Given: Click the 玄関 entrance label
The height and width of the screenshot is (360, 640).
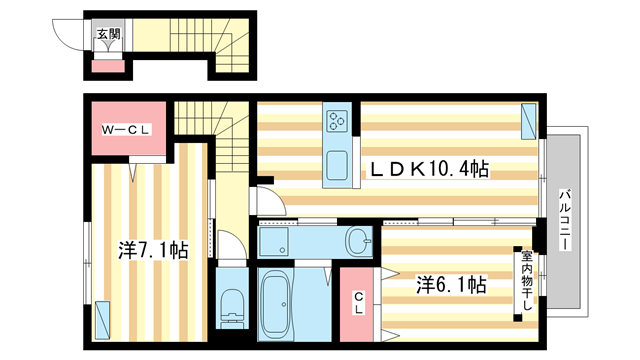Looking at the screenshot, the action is tap(109, 33).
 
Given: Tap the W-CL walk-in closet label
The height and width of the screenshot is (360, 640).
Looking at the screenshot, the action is tap(127, 130).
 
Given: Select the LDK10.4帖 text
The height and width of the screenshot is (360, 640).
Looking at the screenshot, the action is tap(429, 169).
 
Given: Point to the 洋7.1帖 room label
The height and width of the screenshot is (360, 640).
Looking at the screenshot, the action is tap(153, 250).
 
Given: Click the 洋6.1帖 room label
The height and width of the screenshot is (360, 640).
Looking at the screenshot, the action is tap(451, 284).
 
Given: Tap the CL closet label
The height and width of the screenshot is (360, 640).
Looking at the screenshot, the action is tap(358, 302).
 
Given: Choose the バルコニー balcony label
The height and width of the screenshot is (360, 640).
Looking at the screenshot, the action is tap(565, 220).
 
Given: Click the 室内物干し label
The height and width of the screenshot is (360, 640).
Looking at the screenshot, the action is tap(527, 280).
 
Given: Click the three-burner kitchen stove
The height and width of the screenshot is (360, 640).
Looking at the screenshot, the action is tap(338, 121).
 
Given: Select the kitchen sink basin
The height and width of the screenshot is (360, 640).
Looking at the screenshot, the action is tap(338, 165).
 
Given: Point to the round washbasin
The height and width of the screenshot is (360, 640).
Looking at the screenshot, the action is tap(358, 242).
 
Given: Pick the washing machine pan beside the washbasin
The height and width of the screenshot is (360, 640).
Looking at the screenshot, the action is tap(274, 241).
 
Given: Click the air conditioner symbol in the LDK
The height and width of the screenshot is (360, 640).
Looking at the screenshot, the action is tap(529, 121).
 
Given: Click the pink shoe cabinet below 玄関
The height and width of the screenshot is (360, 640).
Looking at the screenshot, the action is tap(108, 66).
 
